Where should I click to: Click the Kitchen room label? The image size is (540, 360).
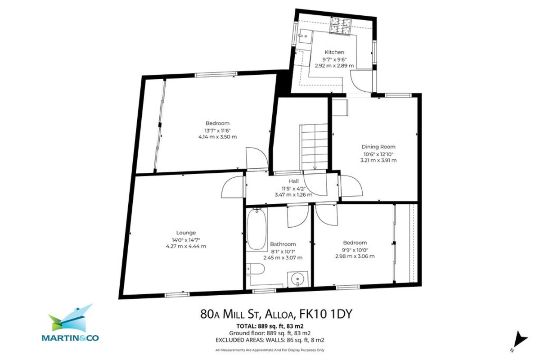coord(333,52)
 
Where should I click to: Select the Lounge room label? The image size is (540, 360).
coord(186,233)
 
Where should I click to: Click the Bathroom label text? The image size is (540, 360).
coord(283,244)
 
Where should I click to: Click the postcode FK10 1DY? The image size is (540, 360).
coord(328,314)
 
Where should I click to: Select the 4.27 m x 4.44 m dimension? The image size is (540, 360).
coord(186,246)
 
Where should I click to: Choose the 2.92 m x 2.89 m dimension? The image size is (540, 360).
coord(333,66)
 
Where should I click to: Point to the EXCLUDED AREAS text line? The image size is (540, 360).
coord(270,340)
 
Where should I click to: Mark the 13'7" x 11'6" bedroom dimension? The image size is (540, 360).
coord(217,130)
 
